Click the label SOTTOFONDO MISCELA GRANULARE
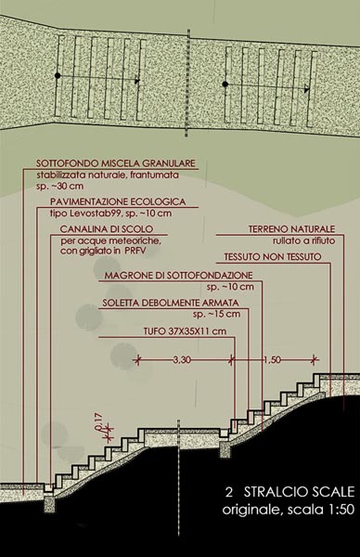tap(116, 163)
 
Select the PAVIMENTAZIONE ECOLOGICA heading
tap(118, 201)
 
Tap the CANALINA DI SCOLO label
tap(107, 229)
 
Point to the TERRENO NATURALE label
tap(291, 229)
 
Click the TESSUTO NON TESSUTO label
tap(273, 257)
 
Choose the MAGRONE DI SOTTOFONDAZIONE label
tap(178, 276)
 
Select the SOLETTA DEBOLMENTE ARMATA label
tap(171, 303)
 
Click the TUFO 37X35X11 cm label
tap(185, 331)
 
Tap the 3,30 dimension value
tap(182, 360)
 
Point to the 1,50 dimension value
tap(272, 360)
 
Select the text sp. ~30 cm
tap(60, 187)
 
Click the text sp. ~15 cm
tap(216, 314)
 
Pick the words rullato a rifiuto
tap(303, 240)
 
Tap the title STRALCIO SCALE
tap(300, 492)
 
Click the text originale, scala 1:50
tap(289, 510)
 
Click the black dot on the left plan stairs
tap(58, 76)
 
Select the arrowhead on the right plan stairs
tap(307, 90)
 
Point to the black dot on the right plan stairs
tap(225, 84)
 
